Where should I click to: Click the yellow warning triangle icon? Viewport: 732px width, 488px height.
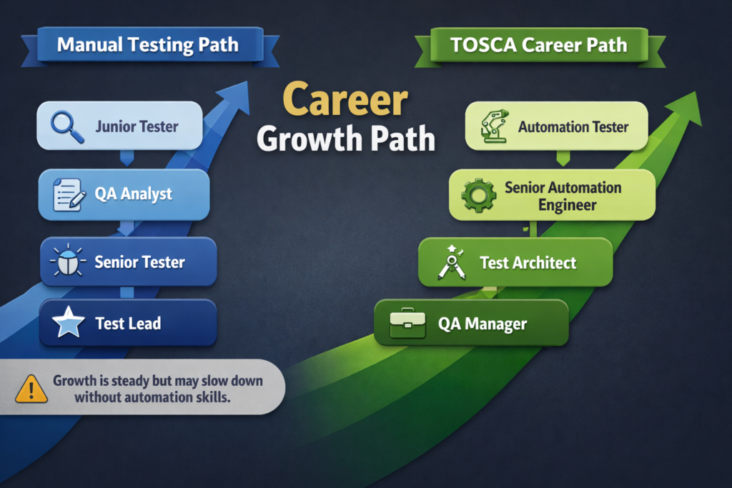(31, 389)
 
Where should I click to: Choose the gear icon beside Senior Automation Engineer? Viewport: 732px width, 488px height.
(478, 195)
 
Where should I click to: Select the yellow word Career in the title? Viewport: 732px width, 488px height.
(346, 101)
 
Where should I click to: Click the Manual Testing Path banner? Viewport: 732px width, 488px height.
(147, 46)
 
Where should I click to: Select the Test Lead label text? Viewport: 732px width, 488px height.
(128, 324)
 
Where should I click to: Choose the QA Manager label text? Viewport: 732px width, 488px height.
(482, 324)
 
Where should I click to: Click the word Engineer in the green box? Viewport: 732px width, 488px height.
(567, 205)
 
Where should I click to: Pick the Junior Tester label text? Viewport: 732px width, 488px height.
(137, 126)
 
